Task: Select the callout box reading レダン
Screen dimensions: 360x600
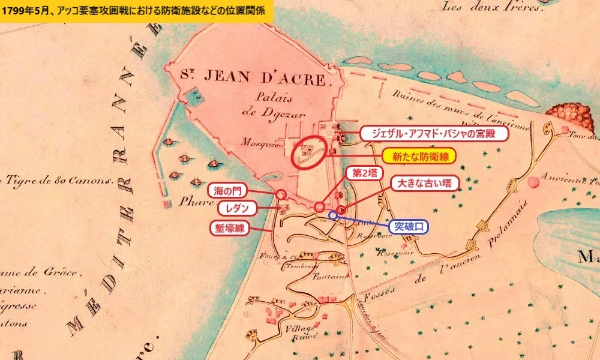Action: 236,208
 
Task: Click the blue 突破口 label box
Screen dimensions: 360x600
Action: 408,227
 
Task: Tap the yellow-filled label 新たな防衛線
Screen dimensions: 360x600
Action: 419,156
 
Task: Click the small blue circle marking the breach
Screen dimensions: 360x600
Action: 332,215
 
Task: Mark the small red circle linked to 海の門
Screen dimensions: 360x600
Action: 280,194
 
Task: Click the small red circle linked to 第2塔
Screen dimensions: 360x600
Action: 319,207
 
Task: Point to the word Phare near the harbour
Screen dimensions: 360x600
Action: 193,202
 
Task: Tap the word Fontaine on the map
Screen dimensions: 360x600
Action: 330,277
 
